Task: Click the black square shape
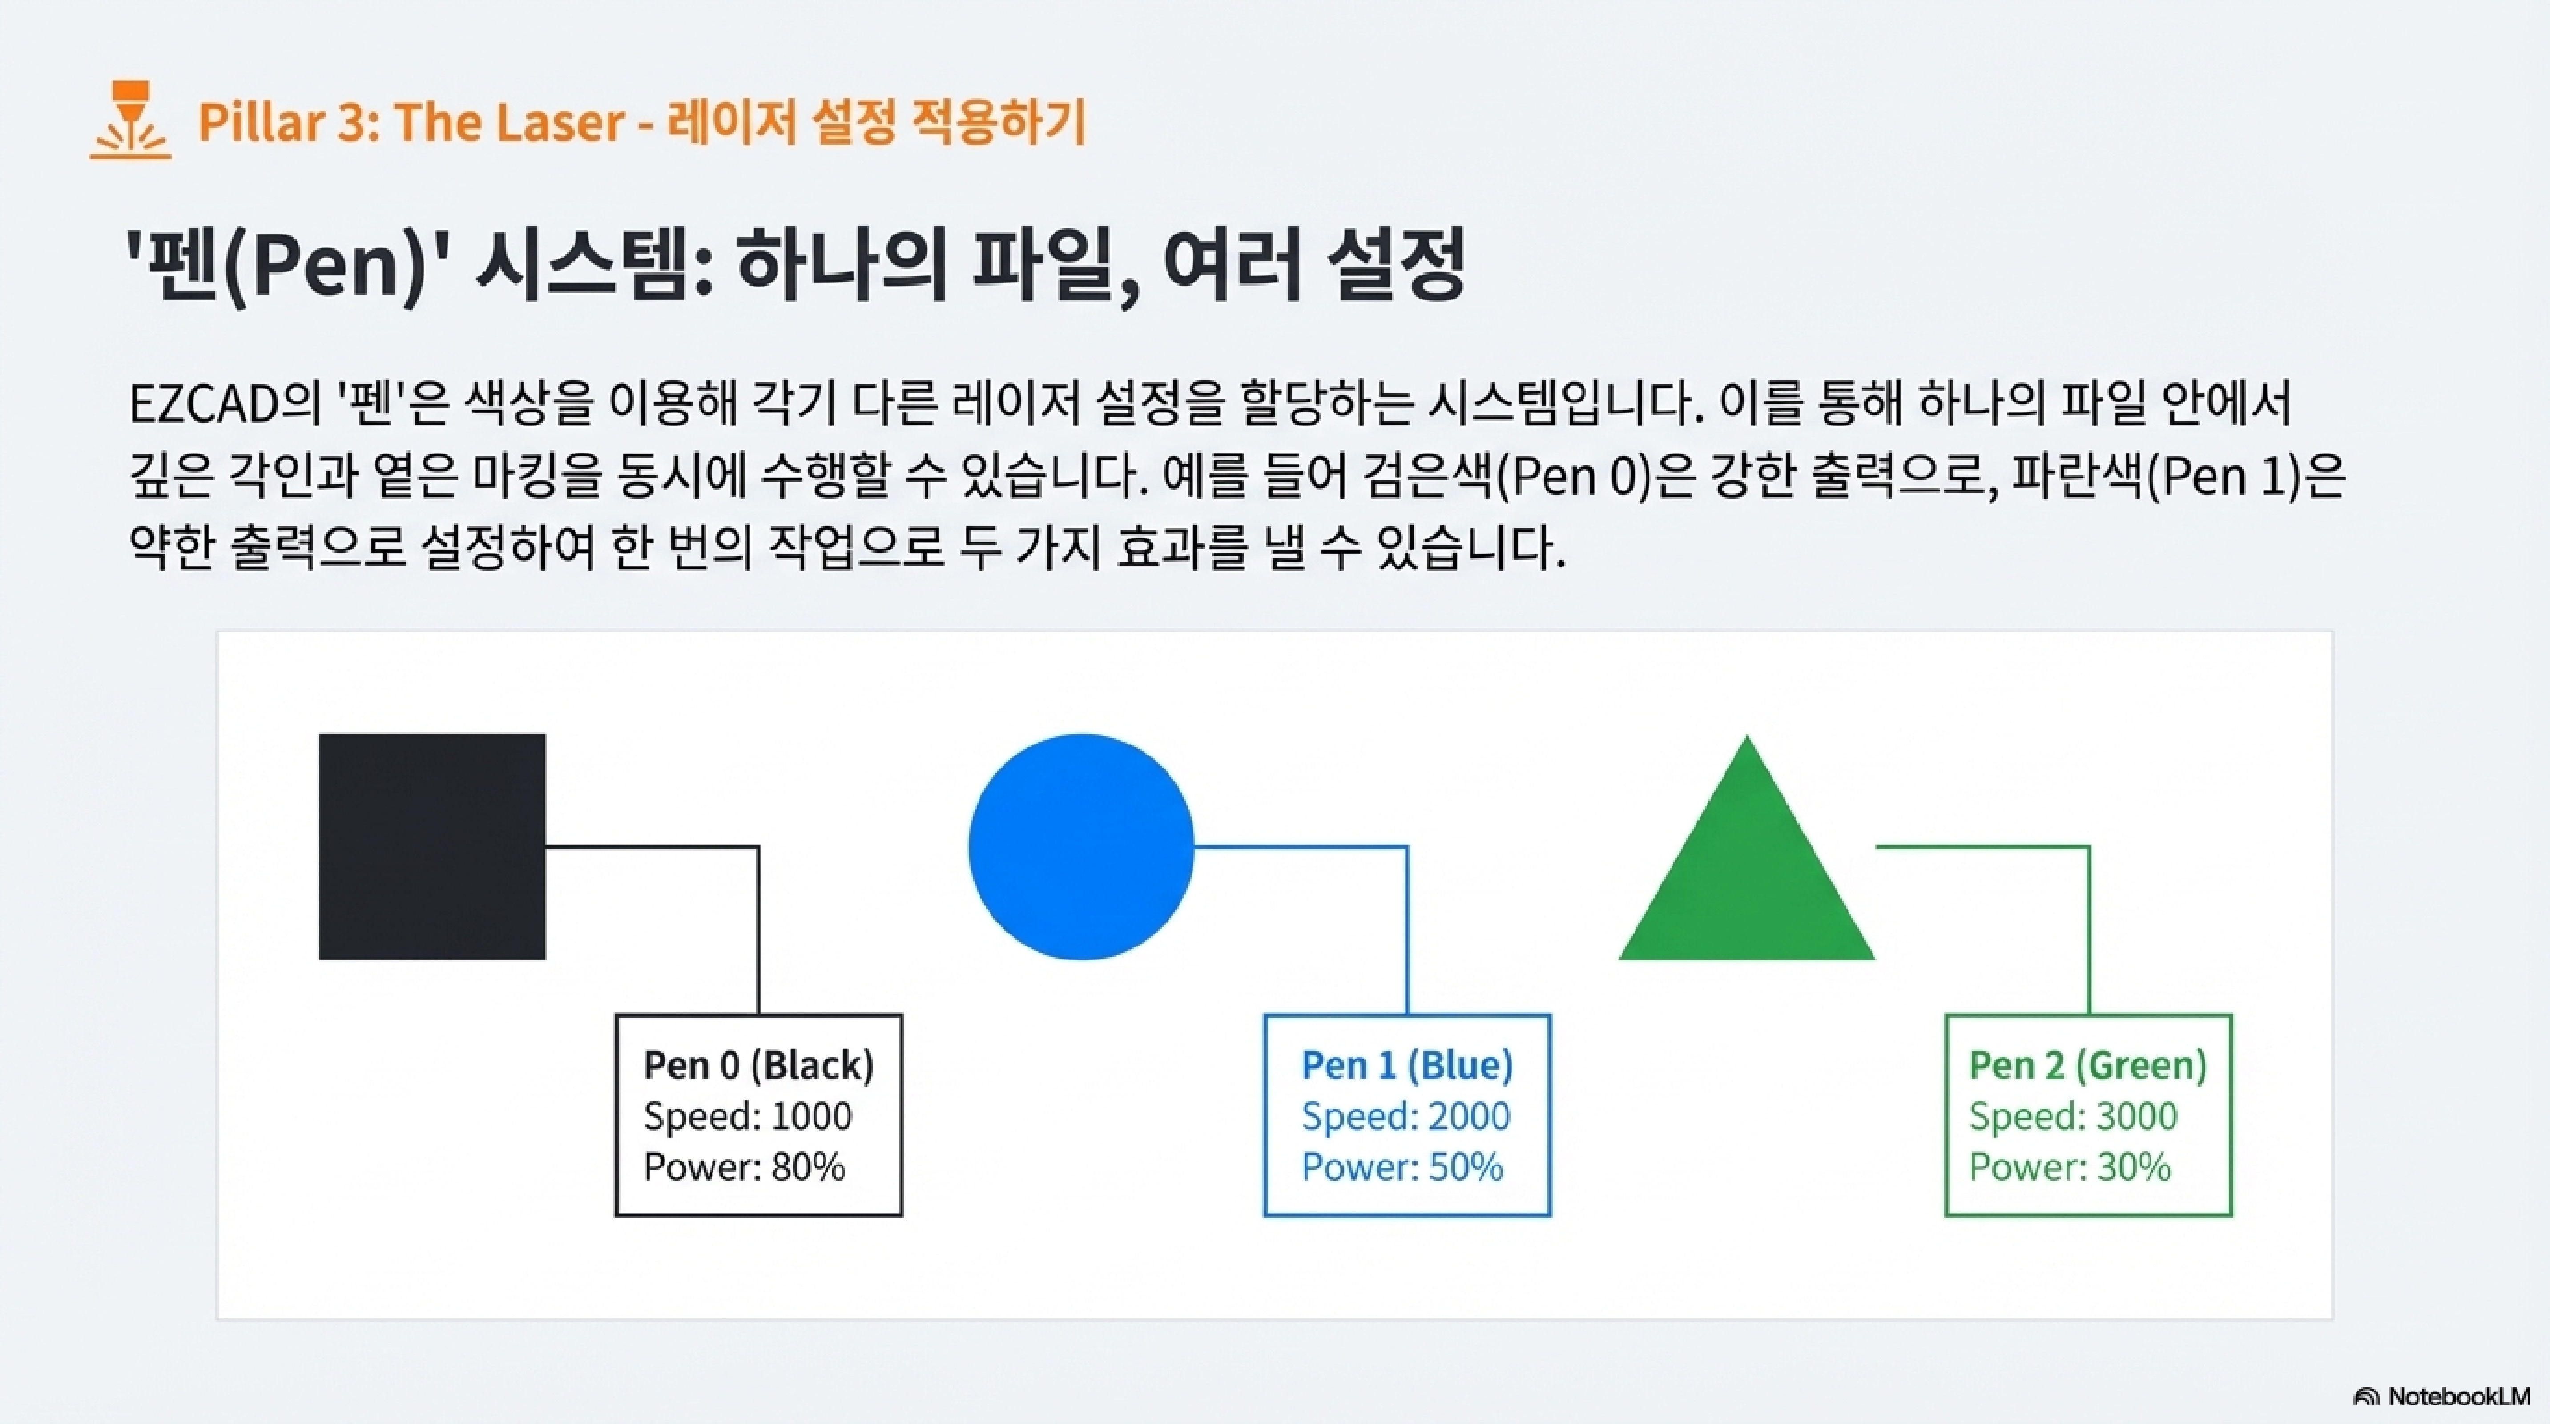(x=431, y=847)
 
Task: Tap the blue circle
(x=1081, y=847)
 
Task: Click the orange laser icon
(x=130, y=121)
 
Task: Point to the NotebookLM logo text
(x=2457, y=1396)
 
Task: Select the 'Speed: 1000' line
(x=747, y=1116)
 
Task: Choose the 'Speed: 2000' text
(x=1406, y=1116)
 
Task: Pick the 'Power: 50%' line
(x=1402, y=1166)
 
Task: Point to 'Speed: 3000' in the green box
(x=2073, y=1116)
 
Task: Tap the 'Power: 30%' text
(x=2069, y=1166)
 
